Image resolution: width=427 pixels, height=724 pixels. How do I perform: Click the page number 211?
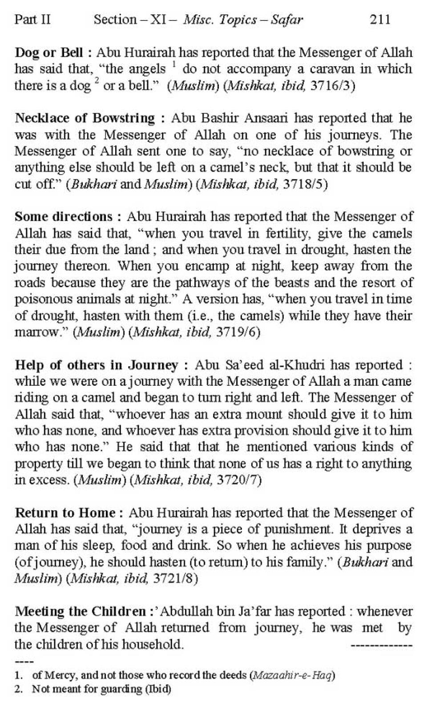point(380,20)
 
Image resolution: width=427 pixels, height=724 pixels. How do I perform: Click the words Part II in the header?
point(32,20)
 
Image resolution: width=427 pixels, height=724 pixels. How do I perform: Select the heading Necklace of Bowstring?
point(85,118)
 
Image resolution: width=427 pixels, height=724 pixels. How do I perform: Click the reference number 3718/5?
point(305,184)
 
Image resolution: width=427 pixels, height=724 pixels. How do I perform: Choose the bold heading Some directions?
point(64,217)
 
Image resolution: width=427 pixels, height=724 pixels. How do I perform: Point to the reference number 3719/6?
point(237,332)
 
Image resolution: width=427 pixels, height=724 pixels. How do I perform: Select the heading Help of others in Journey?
point(97,365)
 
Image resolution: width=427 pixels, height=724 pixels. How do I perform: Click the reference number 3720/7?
point(238,480)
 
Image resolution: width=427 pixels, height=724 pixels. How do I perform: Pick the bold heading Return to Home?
point(65,513)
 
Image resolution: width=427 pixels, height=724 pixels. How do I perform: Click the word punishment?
point(295,529)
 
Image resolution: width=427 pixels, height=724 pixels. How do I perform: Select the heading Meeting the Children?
point(81,612)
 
